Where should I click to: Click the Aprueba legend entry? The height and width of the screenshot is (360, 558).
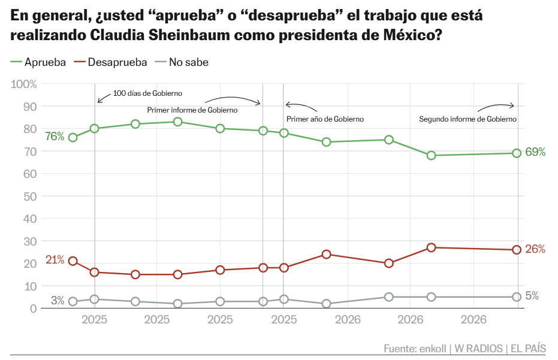38,62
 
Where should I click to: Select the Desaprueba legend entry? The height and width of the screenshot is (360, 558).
110,62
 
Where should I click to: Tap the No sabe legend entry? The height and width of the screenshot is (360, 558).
182,62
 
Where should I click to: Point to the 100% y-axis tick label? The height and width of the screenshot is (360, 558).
24,84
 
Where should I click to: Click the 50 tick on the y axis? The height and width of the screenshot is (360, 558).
30,196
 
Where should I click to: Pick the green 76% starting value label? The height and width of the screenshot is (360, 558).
55,136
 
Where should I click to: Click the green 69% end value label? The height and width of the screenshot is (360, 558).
535,152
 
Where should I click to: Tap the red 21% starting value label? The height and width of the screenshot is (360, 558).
55,260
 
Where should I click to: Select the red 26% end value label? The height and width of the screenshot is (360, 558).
535,249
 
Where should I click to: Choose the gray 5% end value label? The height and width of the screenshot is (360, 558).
532,296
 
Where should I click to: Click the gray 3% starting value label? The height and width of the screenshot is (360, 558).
58,301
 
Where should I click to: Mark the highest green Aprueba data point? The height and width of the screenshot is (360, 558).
178,122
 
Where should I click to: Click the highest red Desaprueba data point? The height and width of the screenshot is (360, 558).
432,247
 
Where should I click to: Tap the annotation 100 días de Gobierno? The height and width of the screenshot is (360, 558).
147,93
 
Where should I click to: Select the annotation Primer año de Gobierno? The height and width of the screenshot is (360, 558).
325,119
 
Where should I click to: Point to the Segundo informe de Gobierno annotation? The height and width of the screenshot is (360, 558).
467,119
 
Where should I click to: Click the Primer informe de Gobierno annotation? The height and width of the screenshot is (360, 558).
192,110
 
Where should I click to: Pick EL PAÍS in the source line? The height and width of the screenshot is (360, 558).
528,348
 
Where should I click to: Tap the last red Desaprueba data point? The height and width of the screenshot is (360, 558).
517,250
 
